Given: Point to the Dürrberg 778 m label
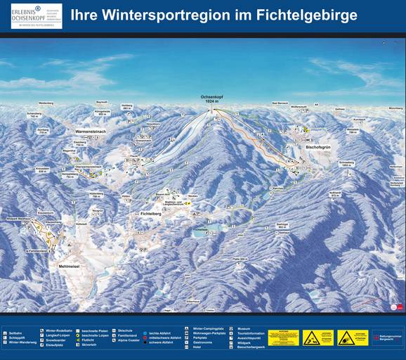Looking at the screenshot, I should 42,131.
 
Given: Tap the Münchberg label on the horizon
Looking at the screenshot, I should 395,108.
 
